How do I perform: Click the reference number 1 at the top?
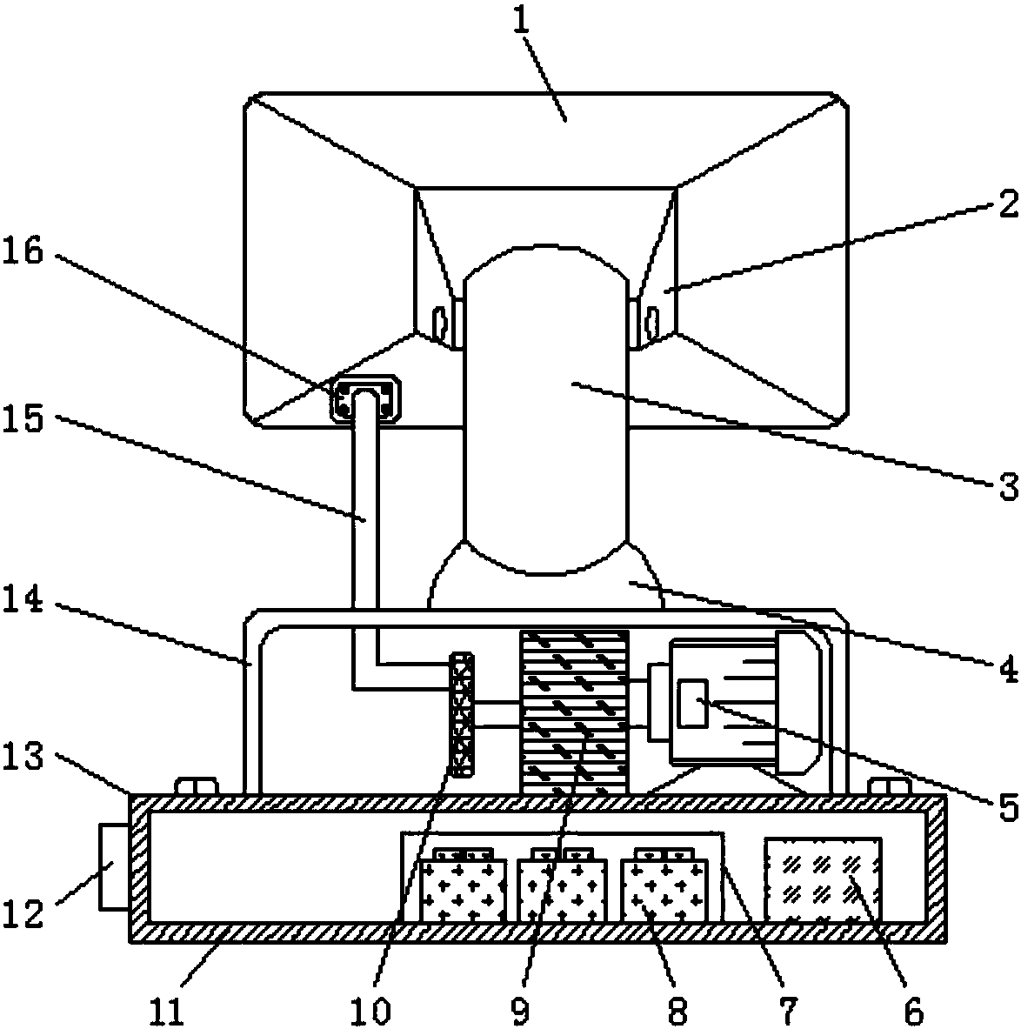tap(522, 23)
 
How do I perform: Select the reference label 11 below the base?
tap(166, 1011)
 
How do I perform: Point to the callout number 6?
tap(914, 1011)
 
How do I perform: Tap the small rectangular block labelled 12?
tap(114, 867)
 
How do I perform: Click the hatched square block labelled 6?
tap(824, 879)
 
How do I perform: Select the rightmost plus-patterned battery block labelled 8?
tap(664, 885)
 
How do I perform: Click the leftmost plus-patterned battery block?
tap(463, 885)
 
